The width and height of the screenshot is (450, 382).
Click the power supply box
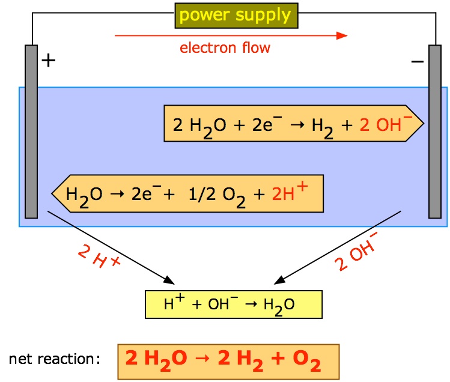click(x=237, y=16)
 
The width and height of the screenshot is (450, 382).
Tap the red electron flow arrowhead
click(x=342, y=35)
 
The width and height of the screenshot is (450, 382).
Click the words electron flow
click(x=225, y=47)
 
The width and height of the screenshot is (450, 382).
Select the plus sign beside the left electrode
click(x=49, y=60)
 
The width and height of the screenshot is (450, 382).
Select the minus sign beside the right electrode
click(x=418, y=61)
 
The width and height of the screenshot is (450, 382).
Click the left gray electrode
click(x=31, y=132)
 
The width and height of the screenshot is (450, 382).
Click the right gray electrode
click(x=435, y=132)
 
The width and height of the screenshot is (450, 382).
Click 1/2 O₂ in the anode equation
click(x=217, y=196)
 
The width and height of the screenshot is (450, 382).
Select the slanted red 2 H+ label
click(x=99, y=256)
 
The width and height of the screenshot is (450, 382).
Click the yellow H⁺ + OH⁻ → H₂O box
click(x=234, y=305)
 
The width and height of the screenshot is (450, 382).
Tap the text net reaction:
click(x=55, y=359)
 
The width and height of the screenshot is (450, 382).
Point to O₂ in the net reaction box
click(x=306, y=360)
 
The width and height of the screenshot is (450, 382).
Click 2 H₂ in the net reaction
click(x=240, y=360)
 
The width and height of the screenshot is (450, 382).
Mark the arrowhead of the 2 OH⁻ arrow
click(x=279, y=280)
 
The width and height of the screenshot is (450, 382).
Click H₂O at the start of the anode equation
click(x=84, y=196)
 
